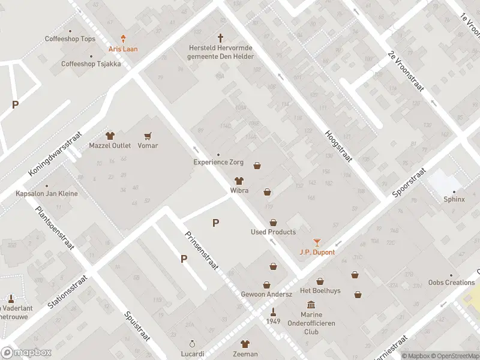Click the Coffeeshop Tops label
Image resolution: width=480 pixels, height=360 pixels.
tap(70, 39)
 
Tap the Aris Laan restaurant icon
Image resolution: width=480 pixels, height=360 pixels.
tap(124, 38)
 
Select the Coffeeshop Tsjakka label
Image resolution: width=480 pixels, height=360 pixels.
tap(91, 64)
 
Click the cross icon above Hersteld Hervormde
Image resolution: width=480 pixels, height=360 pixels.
tap(220, 37)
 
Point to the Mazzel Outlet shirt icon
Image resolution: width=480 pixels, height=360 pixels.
tap(110, 136)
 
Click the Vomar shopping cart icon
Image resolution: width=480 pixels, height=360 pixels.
tap(148, 136)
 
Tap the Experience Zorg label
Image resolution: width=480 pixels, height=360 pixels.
tap(218, 162)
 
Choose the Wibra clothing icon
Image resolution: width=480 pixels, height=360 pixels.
tap(239, 181)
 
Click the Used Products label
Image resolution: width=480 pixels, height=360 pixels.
tap(273, 232)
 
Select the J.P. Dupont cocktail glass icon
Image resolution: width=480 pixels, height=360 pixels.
tap(317, 242)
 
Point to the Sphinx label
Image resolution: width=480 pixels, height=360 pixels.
tap(454, 200)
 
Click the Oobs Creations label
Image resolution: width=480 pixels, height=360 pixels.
tap(451, 283)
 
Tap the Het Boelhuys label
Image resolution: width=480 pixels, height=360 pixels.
tap(320, 291)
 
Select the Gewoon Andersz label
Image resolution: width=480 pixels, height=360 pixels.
tap(266, 294)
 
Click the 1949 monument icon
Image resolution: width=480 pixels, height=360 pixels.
tap(273, 311)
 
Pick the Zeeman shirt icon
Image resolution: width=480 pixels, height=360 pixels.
tap(245, 344)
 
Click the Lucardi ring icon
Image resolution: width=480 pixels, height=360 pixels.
tap(192, 344)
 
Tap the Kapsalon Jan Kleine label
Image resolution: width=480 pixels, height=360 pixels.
tap(47, 194)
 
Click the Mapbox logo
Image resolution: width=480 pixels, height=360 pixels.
tap(26, 352)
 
